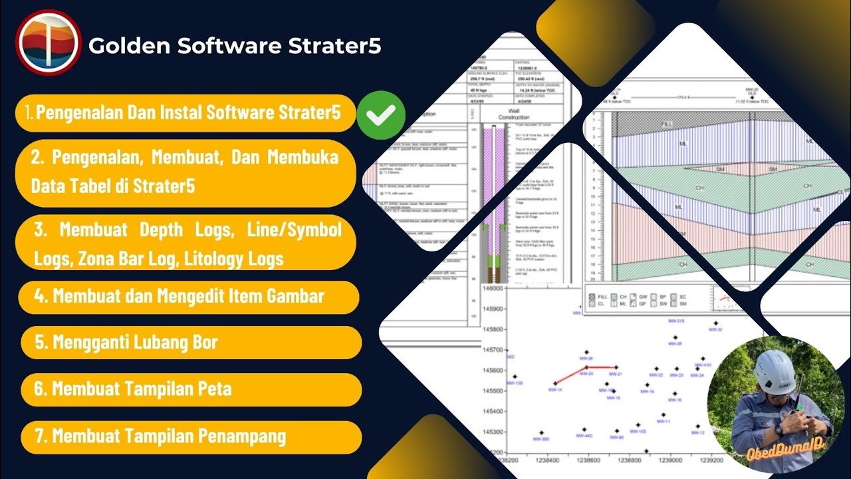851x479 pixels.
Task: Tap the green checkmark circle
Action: point(381,114)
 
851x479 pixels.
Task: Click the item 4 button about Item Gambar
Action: point(189,296)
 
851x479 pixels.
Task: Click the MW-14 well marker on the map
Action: point(555,384)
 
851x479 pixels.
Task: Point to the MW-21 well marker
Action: point(616,367)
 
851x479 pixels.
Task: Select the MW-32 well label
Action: point(716,329)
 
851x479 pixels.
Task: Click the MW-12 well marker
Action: point(697,426)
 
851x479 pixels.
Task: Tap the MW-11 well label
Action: point(663,422)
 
